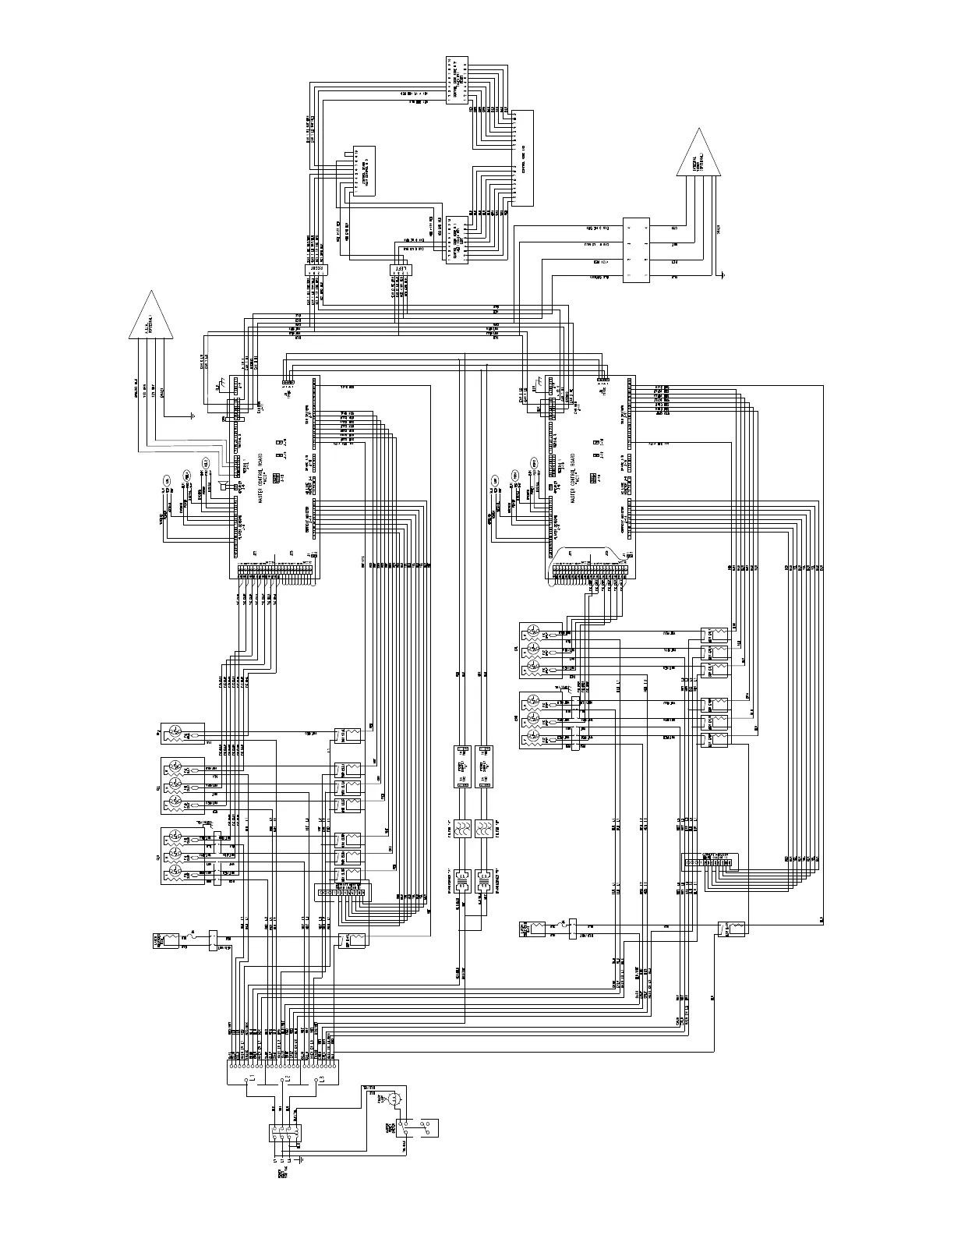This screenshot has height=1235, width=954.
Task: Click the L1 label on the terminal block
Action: click(x=249, y=1080)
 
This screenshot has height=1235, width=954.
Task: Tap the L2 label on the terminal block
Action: click(x=286, y=1080)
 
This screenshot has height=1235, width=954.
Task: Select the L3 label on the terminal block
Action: click(x=320, y=1080)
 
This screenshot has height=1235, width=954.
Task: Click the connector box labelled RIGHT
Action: click(x=316, y=269)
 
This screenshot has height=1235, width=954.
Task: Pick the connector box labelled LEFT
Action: click(x=401, y=270)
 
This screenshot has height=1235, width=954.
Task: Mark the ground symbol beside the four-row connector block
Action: click(x=724, y=274)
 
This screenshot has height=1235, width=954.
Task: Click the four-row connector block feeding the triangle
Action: click(x=636, y=249)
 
